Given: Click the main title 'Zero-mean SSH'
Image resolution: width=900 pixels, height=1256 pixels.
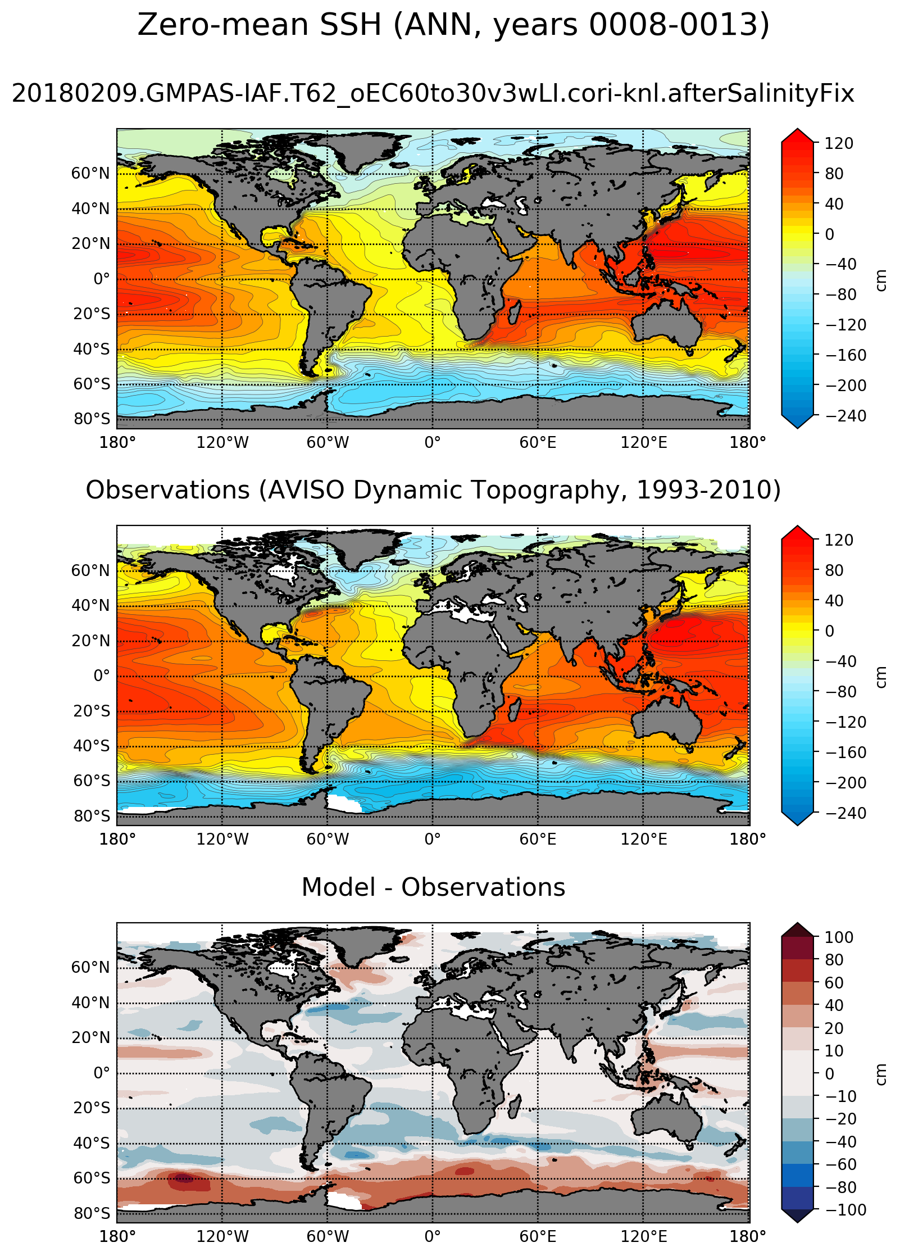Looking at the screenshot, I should (x=258, y=25).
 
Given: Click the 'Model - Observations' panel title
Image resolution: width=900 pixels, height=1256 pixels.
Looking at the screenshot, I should (x=433, y=887).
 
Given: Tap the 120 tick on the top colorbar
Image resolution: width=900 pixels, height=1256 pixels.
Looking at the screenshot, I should (x=839, y=143).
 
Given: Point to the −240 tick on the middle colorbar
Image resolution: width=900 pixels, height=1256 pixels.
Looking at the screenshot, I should (x=846, y=813).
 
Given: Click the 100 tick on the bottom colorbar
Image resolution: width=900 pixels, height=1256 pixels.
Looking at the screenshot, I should (x=839, y=937).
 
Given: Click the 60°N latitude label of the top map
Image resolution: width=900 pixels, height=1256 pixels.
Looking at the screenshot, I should (x=90, y=173).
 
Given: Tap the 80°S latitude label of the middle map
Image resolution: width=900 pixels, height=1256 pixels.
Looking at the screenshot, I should (x=92, y=816).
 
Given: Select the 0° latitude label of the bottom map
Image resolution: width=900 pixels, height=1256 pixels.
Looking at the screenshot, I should (x=102, y=1073).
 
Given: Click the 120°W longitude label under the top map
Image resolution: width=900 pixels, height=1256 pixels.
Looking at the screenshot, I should (x=222, y=443).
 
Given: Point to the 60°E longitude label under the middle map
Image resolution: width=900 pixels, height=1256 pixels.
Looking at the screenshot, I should (x=538, y=840).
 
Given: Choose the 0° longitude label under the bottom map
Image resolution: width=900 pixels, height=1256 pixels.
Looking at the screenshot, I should (x=433, y=1236).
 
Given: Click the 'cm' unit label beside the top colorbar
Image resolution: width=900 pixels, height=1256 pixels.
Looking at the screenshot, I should (x=881, y=280).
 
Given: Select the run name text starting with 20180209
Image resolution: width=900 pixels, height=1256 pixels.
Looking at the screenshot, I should (x=433, y=93).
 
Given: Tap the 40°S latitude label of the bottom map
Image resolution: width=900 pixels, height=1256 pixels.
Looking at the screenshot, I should (x=92, y=1143).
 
